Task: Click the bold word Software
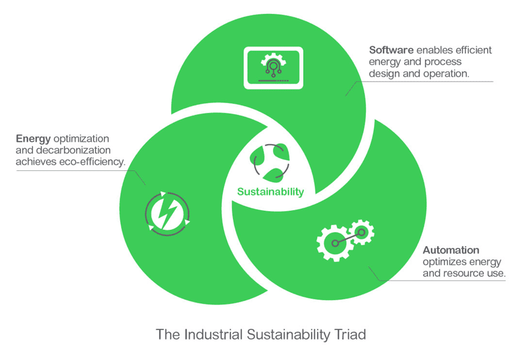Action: click(x=391, y=50)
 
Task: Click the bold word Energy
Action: click(x=33, y=139)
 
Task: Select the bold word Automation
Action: click(x=451, y=250)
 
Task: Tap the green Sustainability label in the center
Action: click(x=270, y=192)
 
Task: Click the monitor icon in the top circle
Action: click(x=273, y=68)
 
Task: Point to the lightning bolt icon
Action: click(x=167, y=212)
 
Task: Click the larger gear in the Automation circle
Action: click(x=333, y=242)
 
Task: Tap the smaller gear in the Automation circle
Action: click(x=361, y=232)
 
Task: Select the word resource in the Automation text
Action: click(x=466, y=273)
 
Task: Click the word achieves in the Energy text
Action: click(x=35, y=161)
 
